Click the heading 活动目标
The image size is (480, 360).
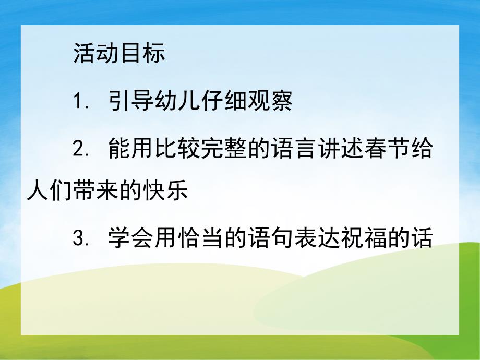tap(119, 53)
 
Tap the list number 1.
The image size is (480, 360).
tap(79, 101)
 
